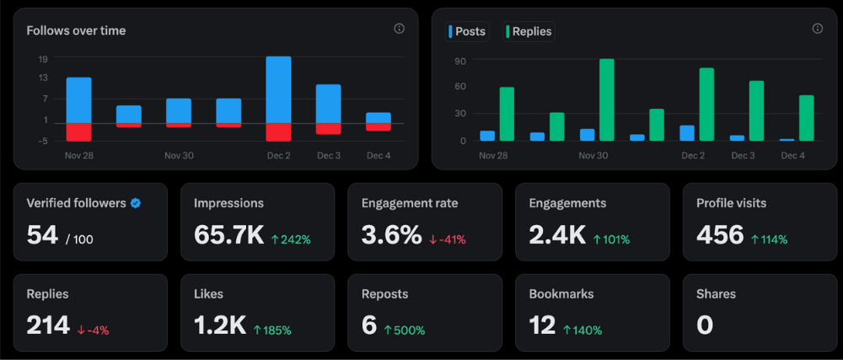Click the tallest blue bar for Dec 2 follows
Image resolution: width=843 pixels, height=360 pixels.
point(278,89)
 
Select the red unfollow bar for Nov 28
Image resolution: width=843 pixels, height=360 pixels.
point(78,132)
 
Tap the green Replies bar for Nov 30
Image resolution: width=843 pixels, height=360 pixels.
point(606,99)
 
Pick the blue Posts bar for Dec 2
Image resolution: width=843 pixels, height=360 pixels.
point(687,133)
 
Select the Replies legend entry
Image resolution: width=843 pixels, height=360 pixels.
point(528,32)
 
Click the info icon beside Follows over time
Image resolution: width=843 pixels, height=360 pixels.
point(399,29)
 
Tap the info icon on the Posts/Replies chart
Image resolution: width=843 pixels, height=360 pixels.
point(817,29)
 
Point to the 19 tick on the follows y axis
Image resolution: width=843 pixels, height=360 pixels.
point(43,59)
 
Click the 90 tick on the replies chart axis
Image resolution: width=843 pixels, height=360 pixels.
point(459,61)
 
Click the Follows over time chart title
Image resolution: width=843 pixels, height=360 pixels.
point(76,31)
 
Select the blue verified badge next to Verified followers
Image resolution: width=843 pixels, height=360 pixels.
point(136,203)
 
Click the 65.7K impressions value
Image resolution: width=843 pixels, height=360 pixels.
point(228,235)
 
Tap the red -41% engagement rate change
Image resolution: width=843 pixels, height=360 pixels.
point(448,239)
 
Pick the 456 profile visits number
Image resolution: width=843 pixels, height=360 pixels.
point(720,235)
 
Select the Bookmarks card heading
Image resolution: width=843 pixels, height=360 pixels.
point(561,294)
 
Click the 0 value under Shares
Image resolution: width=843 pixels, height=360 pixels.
point(705,325)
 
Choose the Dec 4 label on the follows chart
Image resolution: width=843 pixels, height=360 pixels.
point(379,156)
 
